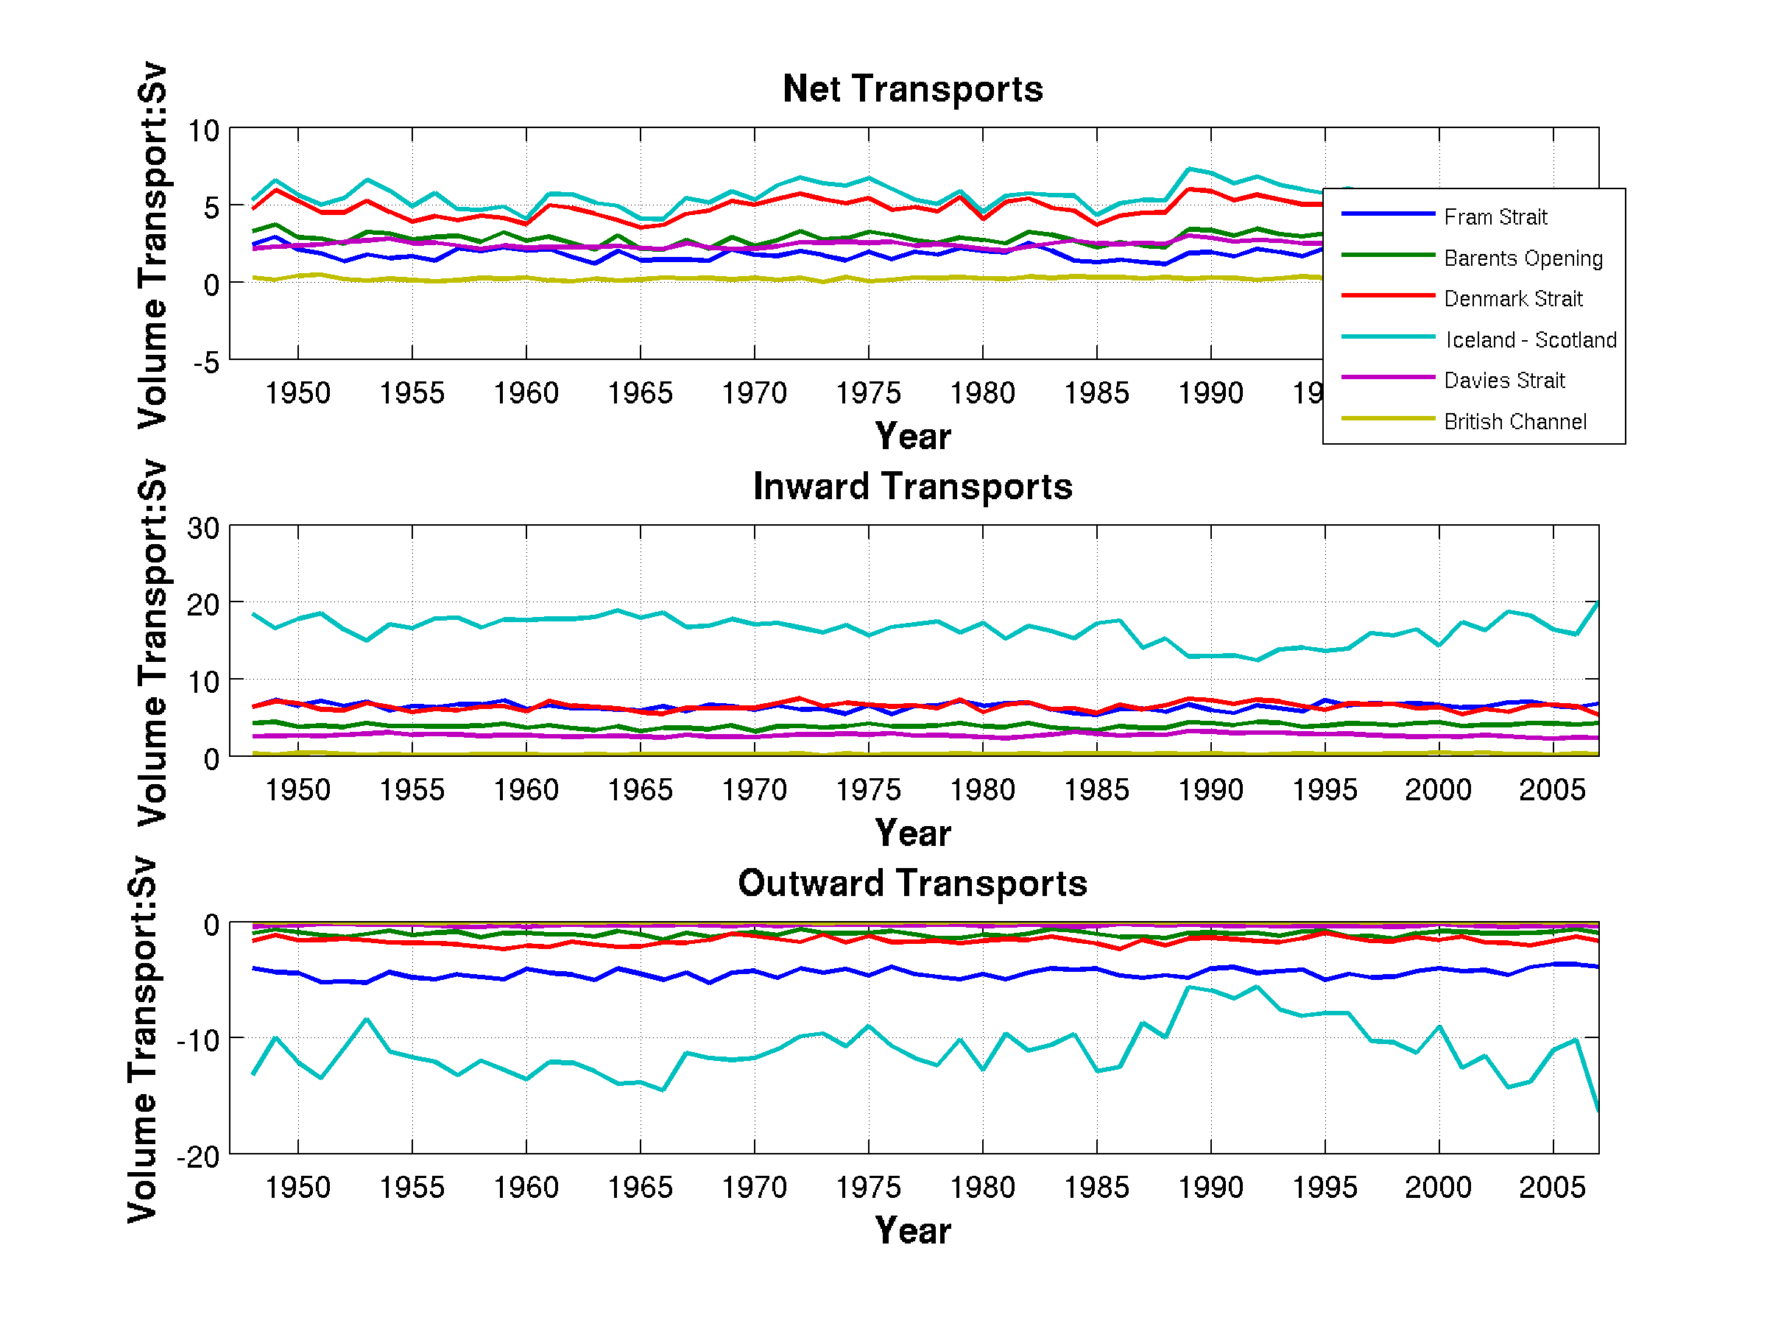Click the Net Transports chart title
(x=912, y=88)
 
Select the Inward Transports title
(x=912, y=487)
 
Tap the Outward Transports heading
(x=912, y=883)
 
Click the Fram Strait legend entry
(x=1495, y=217)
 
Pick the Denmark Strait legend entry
(x=1512, y=299)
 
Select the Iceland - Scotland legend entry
(x=1531, y=340)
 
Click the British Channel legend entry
(x=1514, y=422)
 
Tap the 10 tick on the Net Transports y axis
(x=204, y=131)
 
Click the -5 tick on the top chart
(x=206, y=363)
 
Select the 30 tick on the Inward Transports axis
(x=204, y=528)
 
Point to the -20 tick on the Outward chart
(x=199, y=1157)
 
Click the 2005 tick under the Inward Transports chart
(x=1551, y=790)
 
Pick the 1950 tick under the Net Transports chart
(x=297, y=393)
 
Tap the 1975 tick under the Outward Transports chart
(x=867, y=1187)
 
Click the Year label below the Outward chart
(x=912, y=1230)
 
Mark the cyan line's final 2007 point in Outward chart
(x=1598, y=1111)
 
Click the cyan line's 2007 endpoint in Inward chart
(x=1598, y=602)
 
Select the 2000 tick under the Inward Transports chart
(x=1438, y=790)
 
